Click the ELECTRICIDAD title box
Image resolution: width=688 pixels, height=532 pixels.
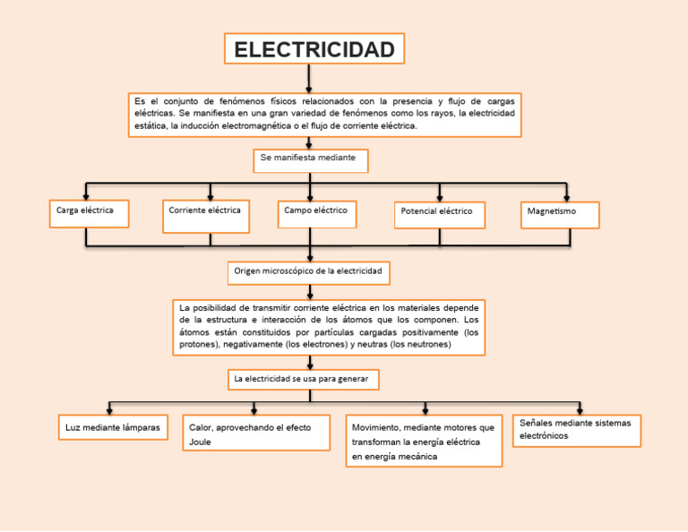[x=314, y=49]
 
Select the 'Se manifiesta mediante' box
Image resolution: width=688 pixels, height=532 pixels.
[x=310, y=159]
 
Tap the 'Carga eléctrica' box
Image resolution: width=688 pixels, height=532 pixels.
[x=89, y=212]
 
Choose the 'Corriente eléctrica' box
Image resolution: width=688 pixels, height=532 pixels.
[x=206, y=215]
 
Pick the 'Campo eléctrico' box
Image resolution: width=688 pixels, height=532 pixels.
[x=316, y=213]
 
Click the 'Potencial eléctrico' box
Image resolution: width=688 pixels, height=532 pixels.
[x=439, y=214]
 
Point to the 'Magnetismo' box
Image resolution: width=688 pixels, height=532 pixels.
[x=559, y=214]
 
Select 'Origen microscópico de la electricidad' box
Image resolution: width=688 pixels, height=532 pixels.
[x=308, y=271]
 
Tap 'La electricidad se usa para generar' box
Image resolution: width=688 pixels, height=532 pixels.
[x=304, y=380]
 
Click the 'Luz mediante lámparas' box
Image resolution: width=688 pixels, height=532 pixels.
[x=113, y=428]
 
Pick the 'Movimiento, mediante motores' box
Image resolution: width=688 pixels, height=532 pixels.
[x=424, y=441]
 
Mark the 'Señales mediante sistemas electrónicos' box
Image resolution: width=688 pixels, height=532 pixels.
[x=577, y=430]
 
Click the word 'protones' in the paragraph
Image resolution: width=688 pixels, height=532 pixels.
[x=198, y=344]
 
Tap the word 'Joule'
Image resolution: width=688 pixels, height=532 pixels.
[x=201, y=442]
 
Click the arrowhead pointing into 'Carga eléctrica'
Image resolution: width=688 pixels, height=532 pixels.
[x=87, y=196]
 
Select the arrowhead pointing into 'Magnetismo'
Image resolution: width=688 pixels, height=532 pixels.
[x=567, y=196]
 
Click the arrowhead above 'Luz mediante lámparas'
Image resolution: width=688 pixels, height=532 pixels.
[x=109, y=409]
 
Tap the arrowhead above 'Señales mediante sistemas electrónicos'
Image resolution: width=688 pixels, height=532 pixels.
[x=575, y=409]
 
